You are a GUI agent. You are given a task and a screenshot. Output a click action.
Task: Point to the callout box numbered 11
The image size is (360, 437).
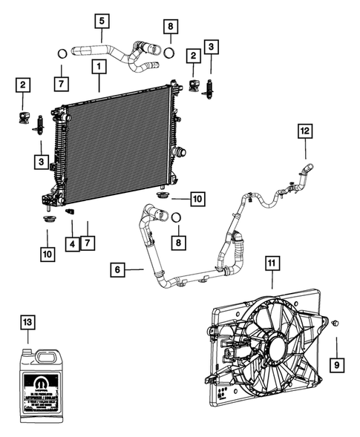pos(271,263)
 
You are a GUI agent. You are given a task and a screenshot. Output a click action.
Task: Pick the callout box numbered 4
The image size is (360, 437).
pos(71,243)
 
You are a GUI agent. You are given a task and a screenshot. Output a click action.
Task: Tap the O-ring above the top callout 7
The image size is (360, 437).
pos(62,53)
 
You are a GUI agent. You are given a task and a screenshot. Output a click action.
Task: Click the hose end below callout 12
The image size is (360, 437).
pos(307,167)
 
